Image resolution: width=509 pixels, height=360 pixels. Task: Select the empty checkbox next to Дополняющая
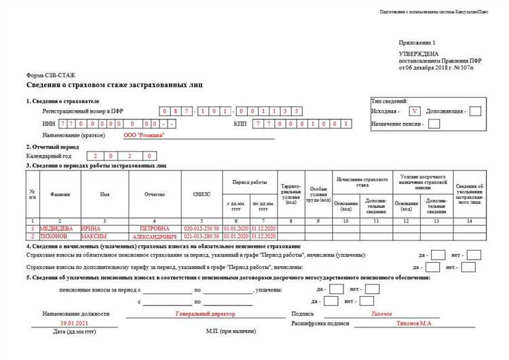tap(475, 110)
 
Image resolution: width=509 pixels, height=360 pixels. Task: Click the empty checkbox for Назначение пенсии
tap(434, 124)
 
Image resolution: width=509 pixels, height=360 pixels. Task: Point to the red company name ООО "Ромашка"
tap(144, 135)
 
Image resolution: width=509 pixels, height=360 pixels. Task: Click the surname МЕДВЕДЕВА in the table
tap(60, 228)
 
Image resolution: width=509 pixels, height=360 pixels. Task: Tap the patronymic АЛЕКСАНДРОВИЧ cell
tap(154, 236)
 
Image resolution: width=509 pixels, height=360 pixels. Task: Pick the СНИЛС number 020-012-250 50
tap(202, 228)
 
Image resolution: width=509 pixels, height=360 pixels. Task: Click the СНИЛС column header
tap(202, 194)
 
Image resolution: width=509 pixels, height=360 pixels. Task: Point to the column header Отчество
tap(154, 194)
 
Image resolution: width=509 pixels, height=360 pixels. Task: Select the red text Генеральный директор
tap(205, 314)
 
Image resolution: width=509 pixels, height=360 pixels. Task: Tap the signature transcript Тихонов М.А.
tap(414, 323)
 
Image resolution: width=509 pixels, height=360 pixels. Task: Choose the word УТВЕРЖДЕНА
tap(418, 53)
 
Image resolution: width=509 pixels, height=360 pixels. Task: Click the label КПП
tap(239, 124)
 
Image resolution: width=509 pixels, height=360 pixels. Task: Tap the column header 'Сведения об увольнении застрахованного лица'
tap(470, 194)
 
